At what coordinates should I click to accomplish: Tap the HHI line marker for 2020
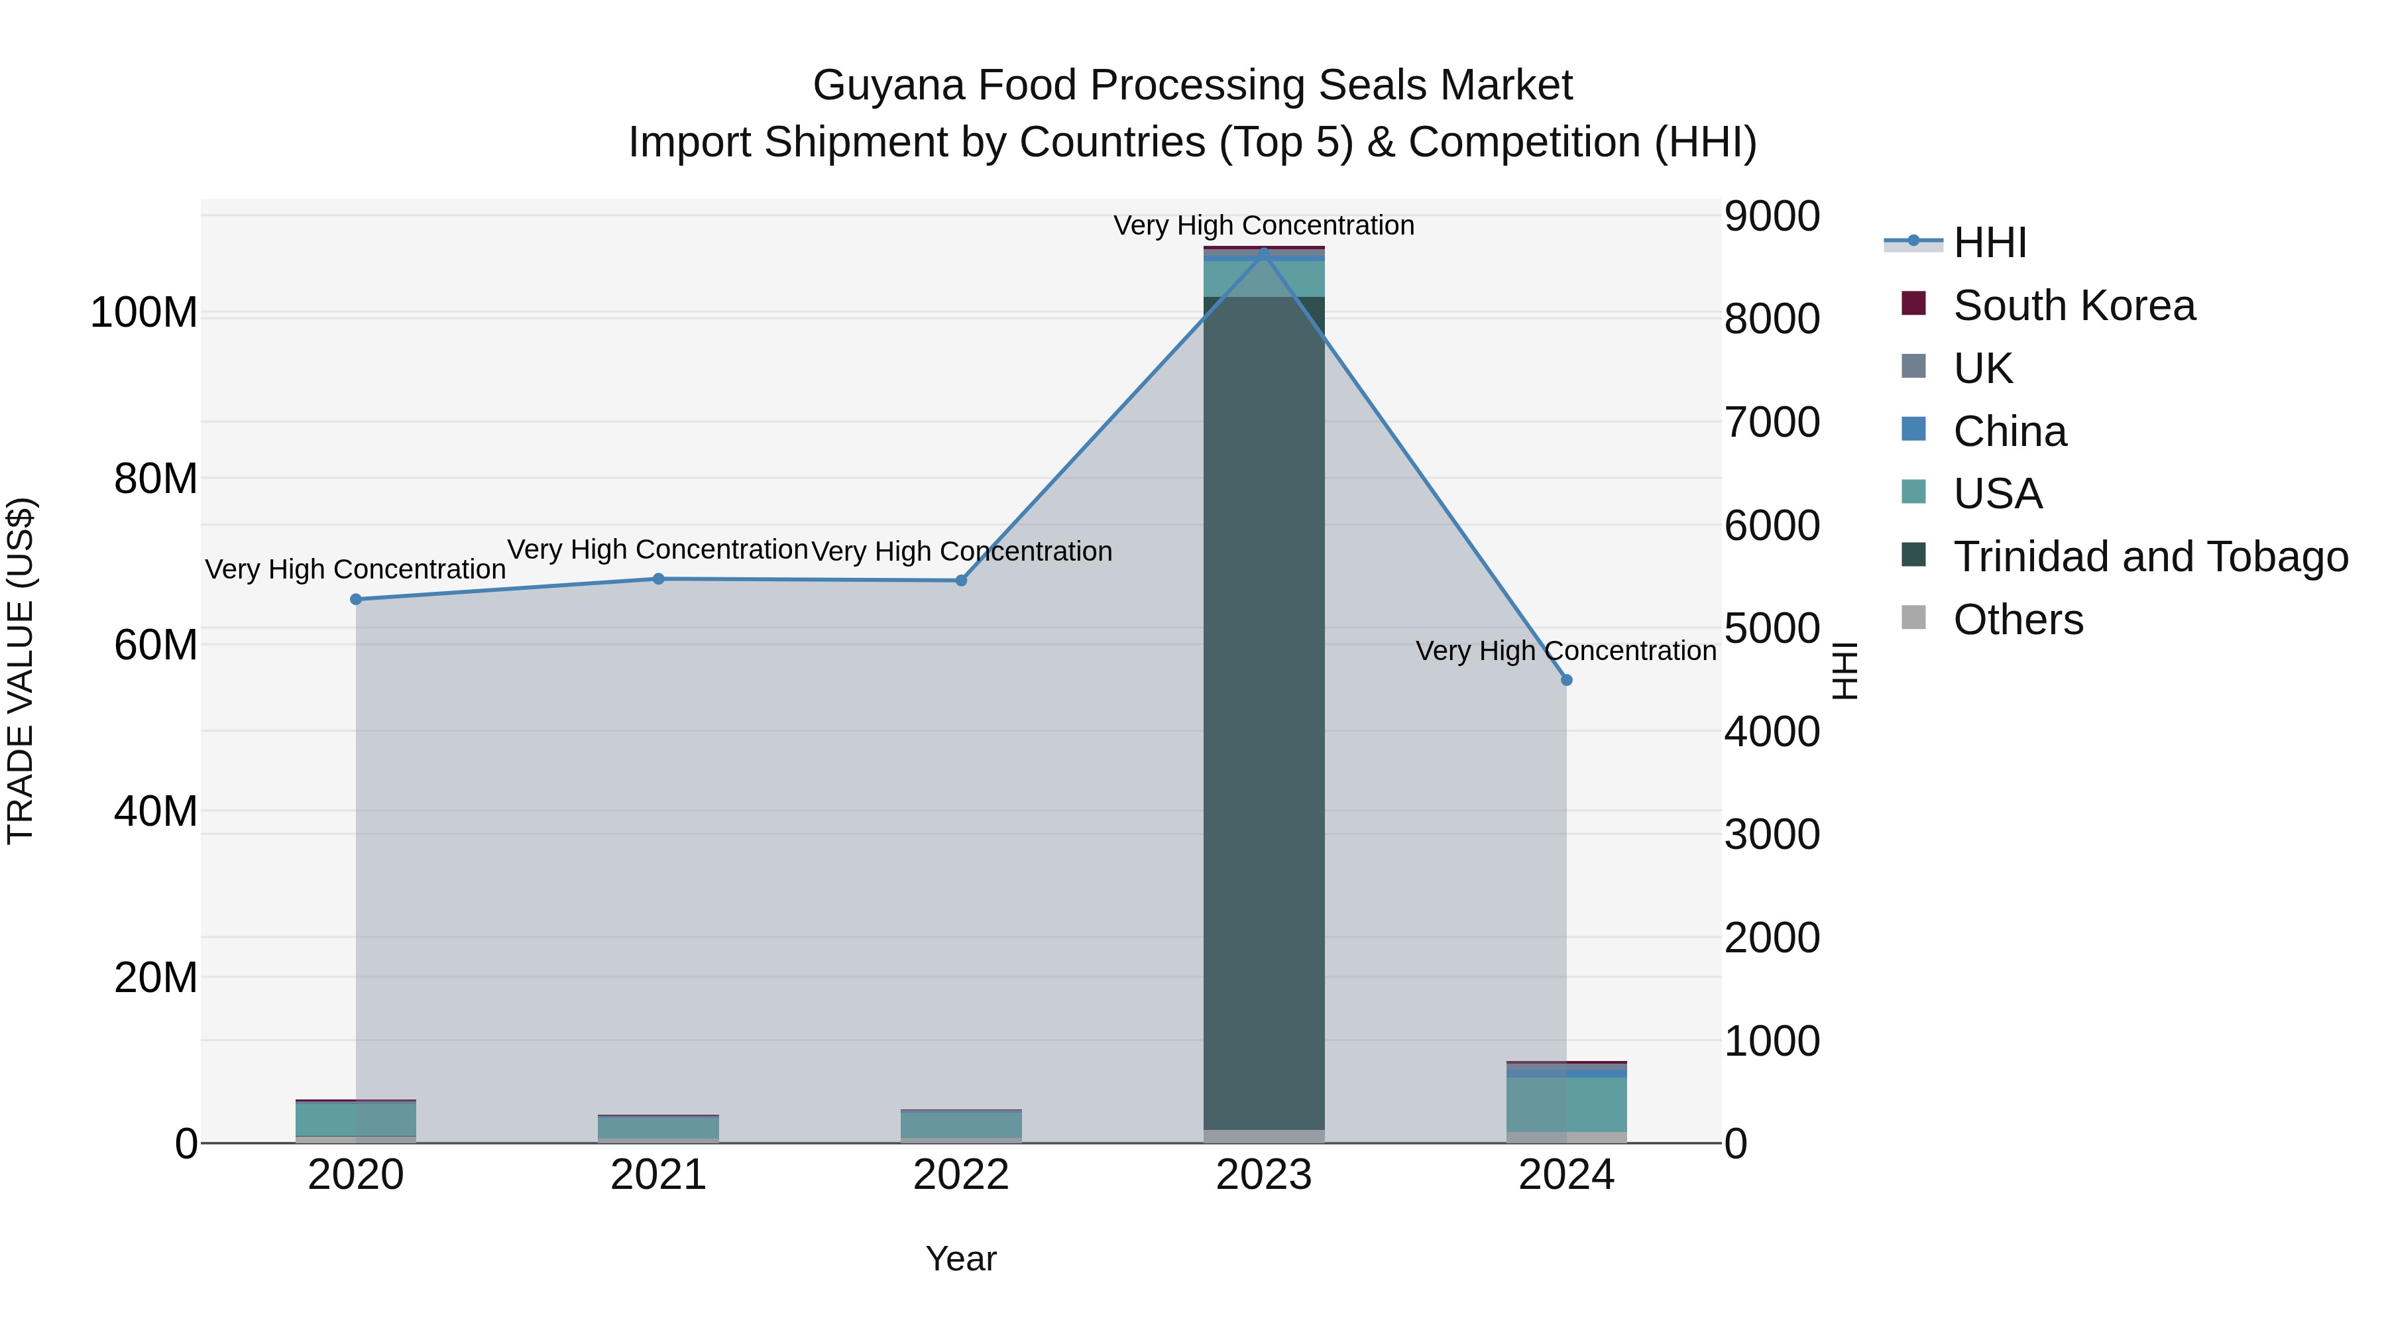[x=356, y=599]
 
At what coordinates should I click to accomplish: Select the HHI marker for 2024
[x=1566, y=680]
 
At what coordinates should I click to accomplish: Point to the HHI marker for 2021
[x=659, y=579]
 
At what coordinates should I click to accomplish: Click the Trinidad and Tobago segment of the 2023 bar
[x=1263, y=713]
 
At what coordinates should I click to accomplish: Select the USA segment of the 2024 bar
[x=1566, y=1104]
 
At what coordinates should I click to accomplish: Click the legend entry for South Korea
[x=2073, y=306]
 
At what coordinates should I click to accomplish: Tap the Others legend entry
[x=2017, y=620]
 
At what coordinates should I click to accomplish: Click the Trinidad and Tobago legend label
[x=2150, y=557]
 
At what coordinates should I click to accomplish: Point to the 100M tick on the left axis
[x=144, y=313]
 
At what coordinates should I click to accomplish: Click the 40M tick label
[x=156, y=811]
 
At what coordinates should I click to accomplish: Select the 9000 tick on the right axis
[x=1772, y=216]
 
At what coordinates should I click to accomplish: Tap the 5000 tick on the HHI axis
[x=1772, y=628]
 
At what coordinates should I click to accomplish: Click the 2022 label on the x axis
[x=960, y=1175]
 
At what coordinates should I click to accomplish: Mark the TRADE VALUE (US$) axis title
[x=21, y=671]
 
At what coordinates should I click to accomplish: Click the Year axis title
[x=960, y=1258]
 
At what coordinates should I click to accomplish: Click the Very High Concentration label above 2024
[x=1565, y=651]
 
